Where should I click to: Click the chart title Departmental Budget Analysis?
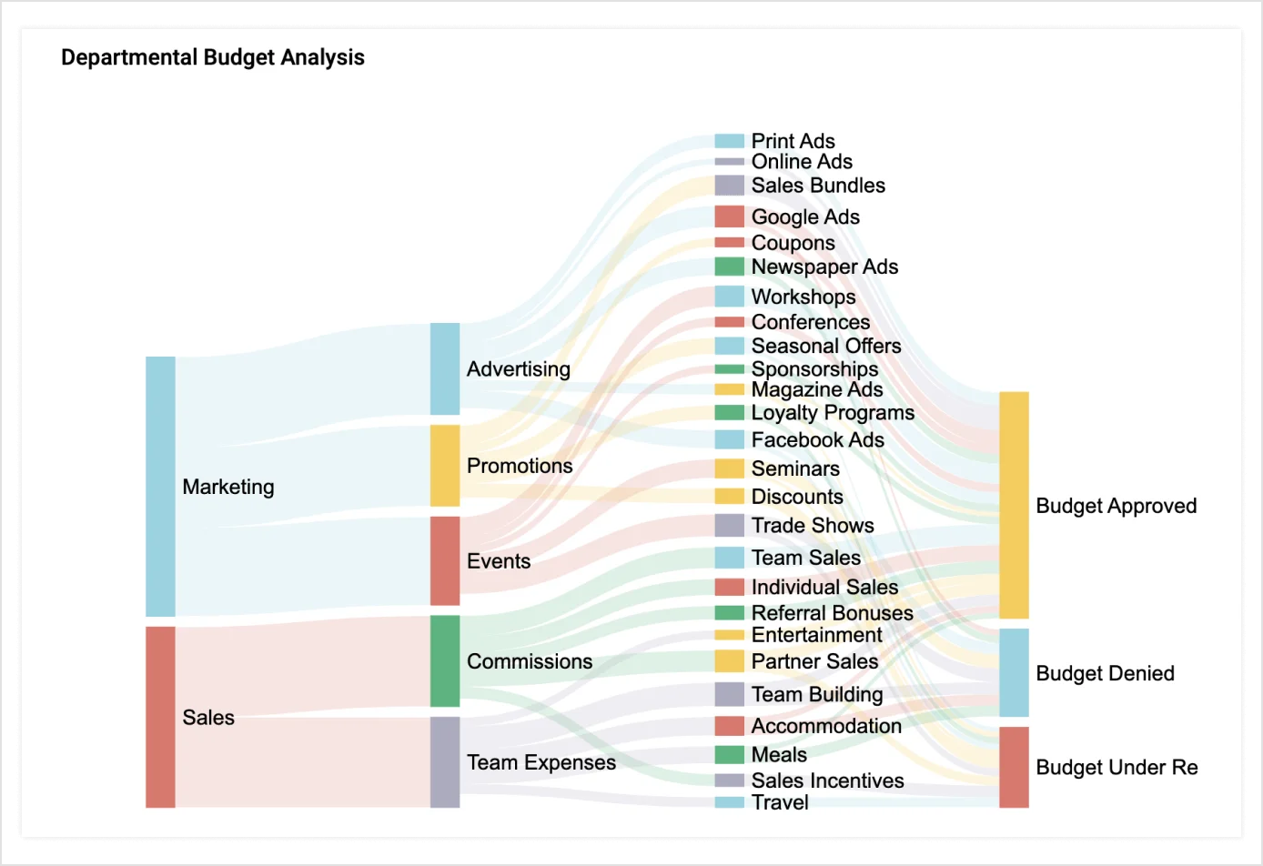212,57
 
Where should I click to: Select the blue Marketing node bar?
160,486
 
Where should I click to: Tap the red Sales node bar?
160,717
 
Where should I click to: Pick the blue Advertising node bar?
444,368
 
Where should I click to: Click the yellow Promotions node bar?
444,465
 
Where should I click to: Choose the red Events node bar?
444,560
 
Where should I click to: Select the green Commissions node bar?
444,660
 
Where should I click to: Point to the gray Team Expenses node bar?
444,761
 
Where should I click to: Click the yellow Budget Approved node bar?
1014,505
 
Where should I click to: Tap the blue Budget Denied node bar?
1014,672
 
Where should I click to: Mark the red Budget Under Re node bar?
1014,767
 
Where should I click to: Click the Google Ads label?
805,216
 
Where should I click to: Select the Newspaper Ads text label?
824,267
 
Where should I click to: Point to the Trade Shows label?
812,525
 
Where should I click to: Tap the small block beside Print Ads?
729,141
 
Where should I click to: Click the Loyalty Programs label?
833,412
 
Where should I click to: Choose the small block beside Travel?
729,802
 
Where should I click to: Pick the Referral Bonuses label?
832,612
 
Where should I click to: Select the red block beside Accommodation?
729,726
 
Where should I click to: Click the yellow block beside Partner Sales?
729,661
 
